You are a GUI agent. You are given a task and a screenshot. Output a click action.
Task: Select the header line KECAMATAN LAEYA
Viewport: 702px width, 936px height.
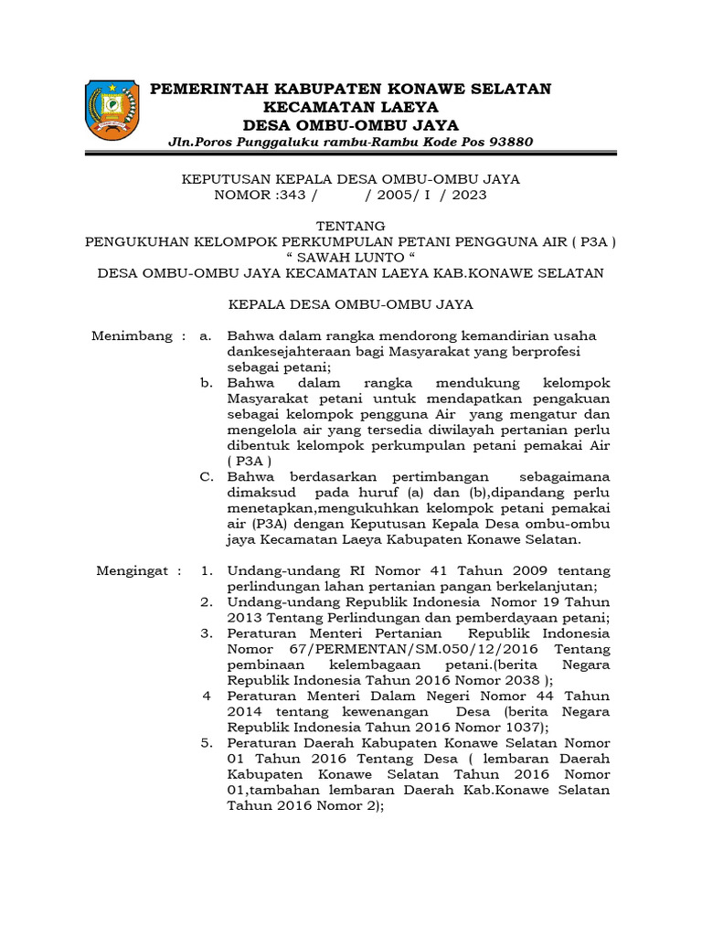[350, 106]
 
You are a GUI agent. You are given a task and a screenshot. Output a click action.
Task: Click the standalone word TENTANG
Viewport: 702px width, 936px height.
[350, 226]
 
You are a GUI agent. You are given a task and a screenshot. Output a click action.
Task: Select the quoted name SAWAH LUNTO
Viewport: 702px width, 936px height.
[350, 258]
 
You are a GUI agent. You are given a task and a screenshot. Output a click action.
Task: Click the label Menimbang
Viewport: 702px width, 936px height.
[132, 336]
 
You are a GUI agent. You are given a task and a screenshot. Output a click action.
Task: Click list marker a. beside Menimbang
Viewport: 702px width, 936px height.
[206, 336]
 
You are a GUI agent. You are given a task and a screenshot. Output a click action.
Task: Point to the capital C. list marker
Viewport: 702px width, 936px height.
[207, 476]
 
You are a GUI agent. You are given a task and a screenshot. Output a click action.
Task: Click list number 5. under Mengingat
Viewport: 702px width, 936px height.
[207, 742]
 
